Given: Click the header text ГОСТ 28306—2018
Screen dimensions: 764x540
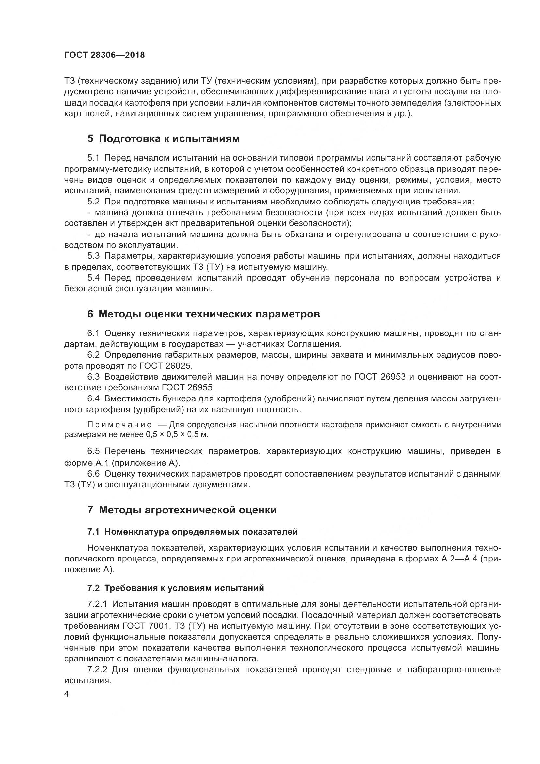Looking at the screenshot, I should click(x=105, y=55).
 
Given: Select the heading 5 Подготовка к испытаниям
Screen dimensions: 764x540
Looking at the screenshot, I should click(x=163, y=139).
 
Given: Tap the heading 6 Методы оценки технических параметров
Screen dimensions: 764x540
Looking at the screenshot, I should click(x=203, y=314).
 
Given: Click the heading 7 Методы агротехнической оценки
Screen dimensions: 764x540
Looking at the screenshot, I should click(x=182, y=510).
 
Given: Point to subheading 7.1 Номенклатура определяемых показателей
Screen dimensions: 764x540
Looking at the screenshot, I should click(x=193, y=532).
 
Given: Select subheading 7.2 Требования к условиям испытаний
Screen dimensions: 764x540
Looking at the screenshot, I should click(x=176, y=588).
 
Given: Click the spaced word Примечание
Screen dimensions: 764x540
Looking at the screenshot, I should click(x=120, y=425).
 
